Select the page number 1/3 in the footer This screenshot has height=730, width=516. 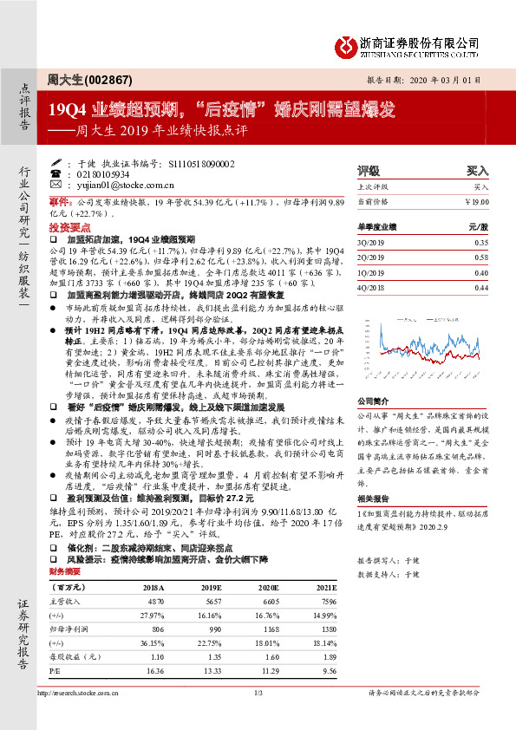(x=258, y=693)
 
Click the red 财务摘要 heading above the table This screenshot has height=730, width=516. (x=67, y=572)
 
